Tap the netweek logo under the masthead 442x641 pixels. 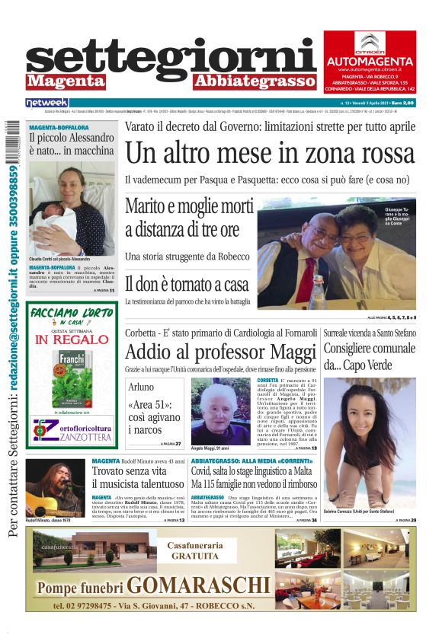pyautogui.click(x=47, y=102)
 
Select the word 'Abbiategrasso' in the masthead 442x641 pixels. pyautogui.click(x=254, y=81)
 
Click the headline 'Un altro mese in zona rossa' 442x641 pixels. pyautogui.click(x=271, y=153)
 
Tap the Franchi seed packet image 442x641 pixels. pyautogui.click(x=72, y=378)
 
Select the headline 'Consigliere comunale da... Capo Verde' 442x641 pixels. pyautogui.click(x=369, y=356)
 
